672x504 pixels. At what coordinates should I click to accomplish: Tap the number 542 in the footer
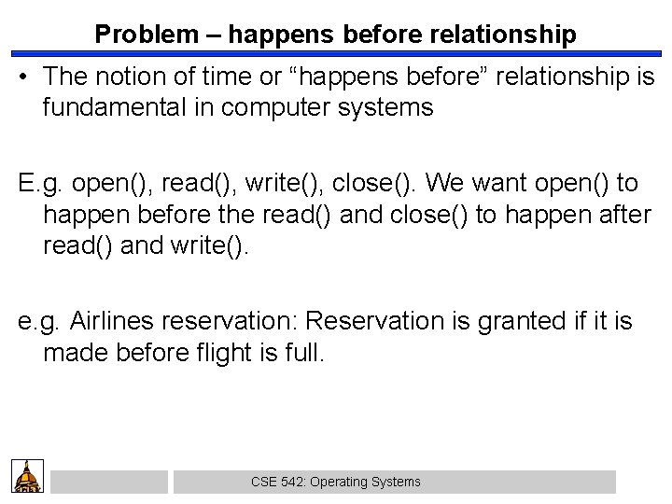pos(291,483)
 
